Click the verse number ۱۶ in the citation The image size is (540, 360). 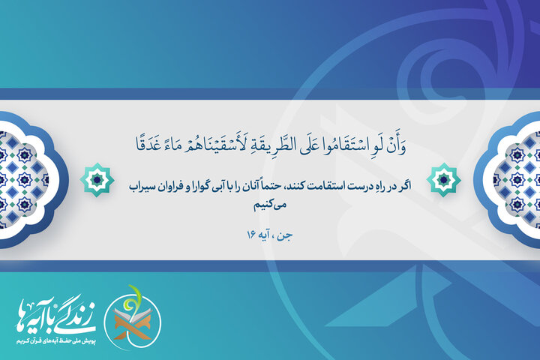coord(251,235)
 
